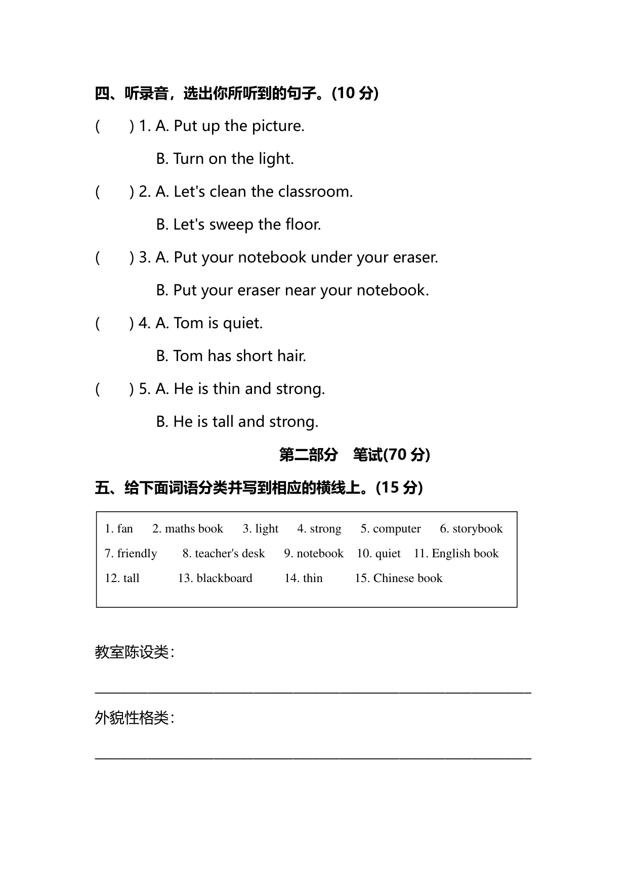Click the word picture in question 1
click(x=278, y=126)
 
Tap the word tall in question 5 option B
click(x=223, y=422)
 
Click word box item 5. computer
click(x=391, y=529)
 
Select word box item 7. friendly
click(x=131, y=554)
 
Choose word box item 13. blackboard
click(x=215, y=579)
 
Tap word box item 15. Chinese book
click(x=398, y=579)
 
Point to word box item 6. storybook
click(x=471, y=529)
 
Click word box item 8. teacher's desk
click(x=224, y=554)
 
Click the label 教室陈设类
click(x=132, y=652)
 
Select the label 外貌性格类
click(x=132, y=718)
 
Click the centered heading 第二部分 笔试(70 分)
click(x=355, y=455)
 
